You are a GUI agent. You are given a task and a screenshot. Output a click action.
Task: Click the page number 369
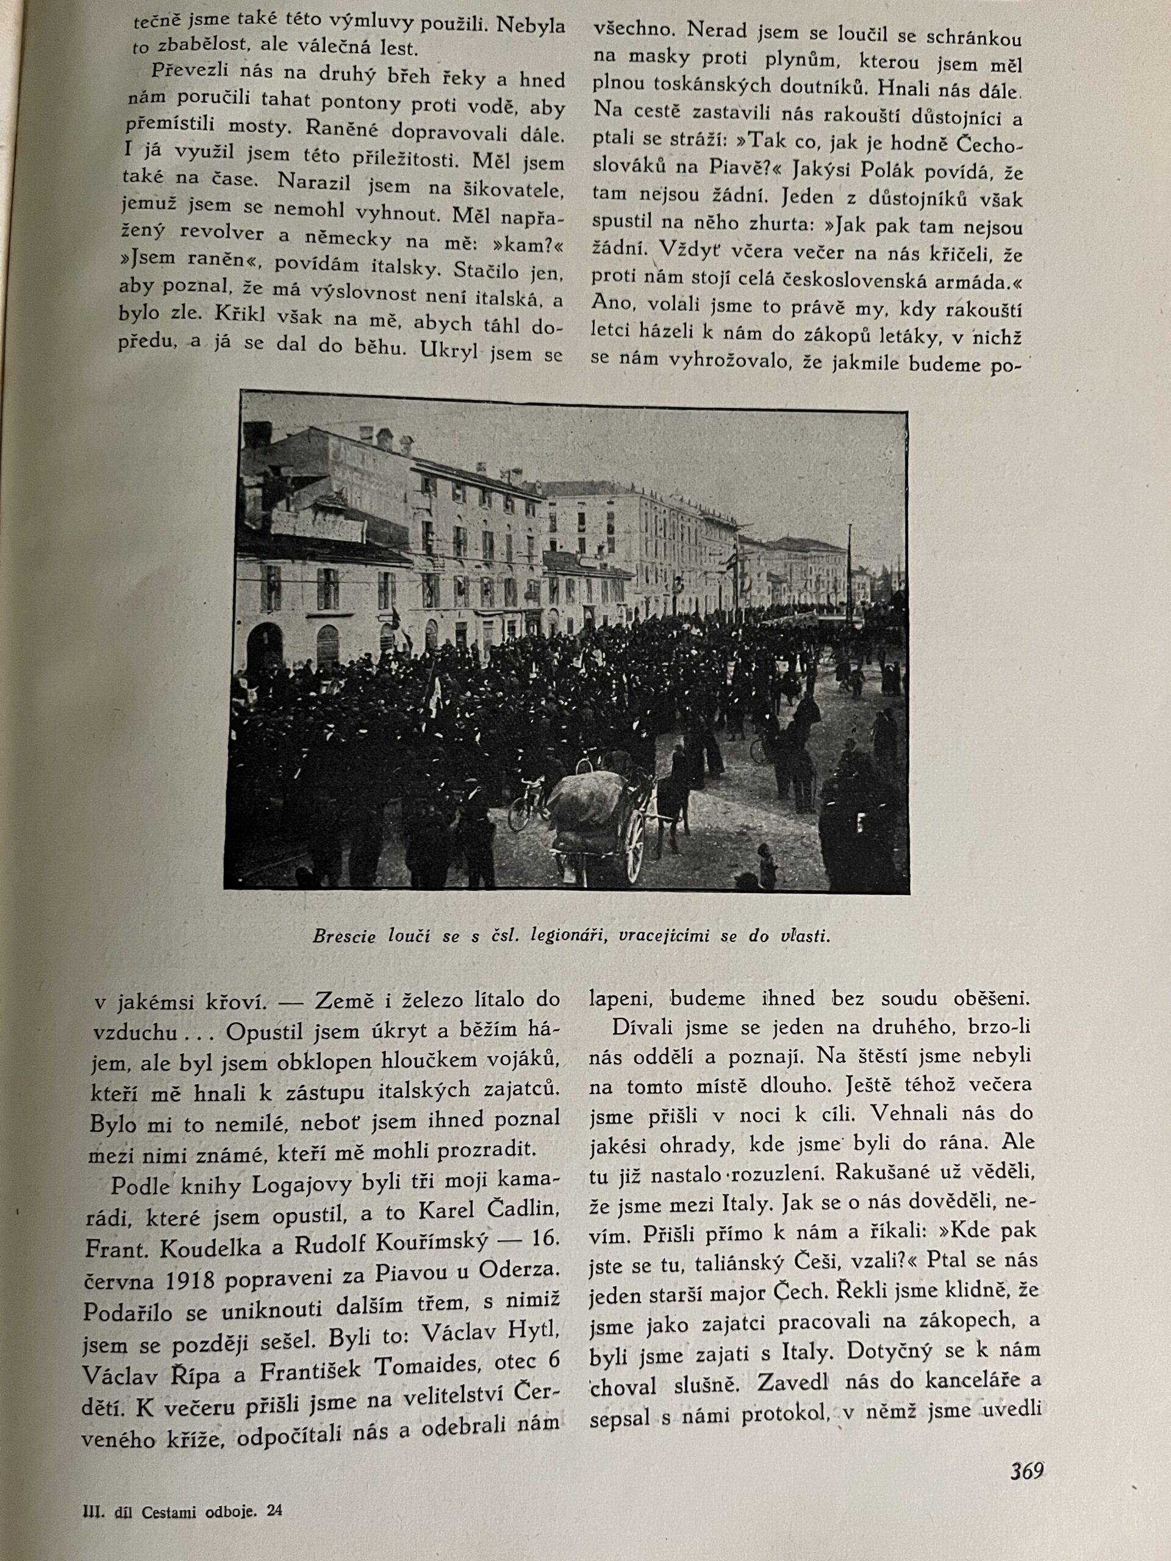point(1026,1471)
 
